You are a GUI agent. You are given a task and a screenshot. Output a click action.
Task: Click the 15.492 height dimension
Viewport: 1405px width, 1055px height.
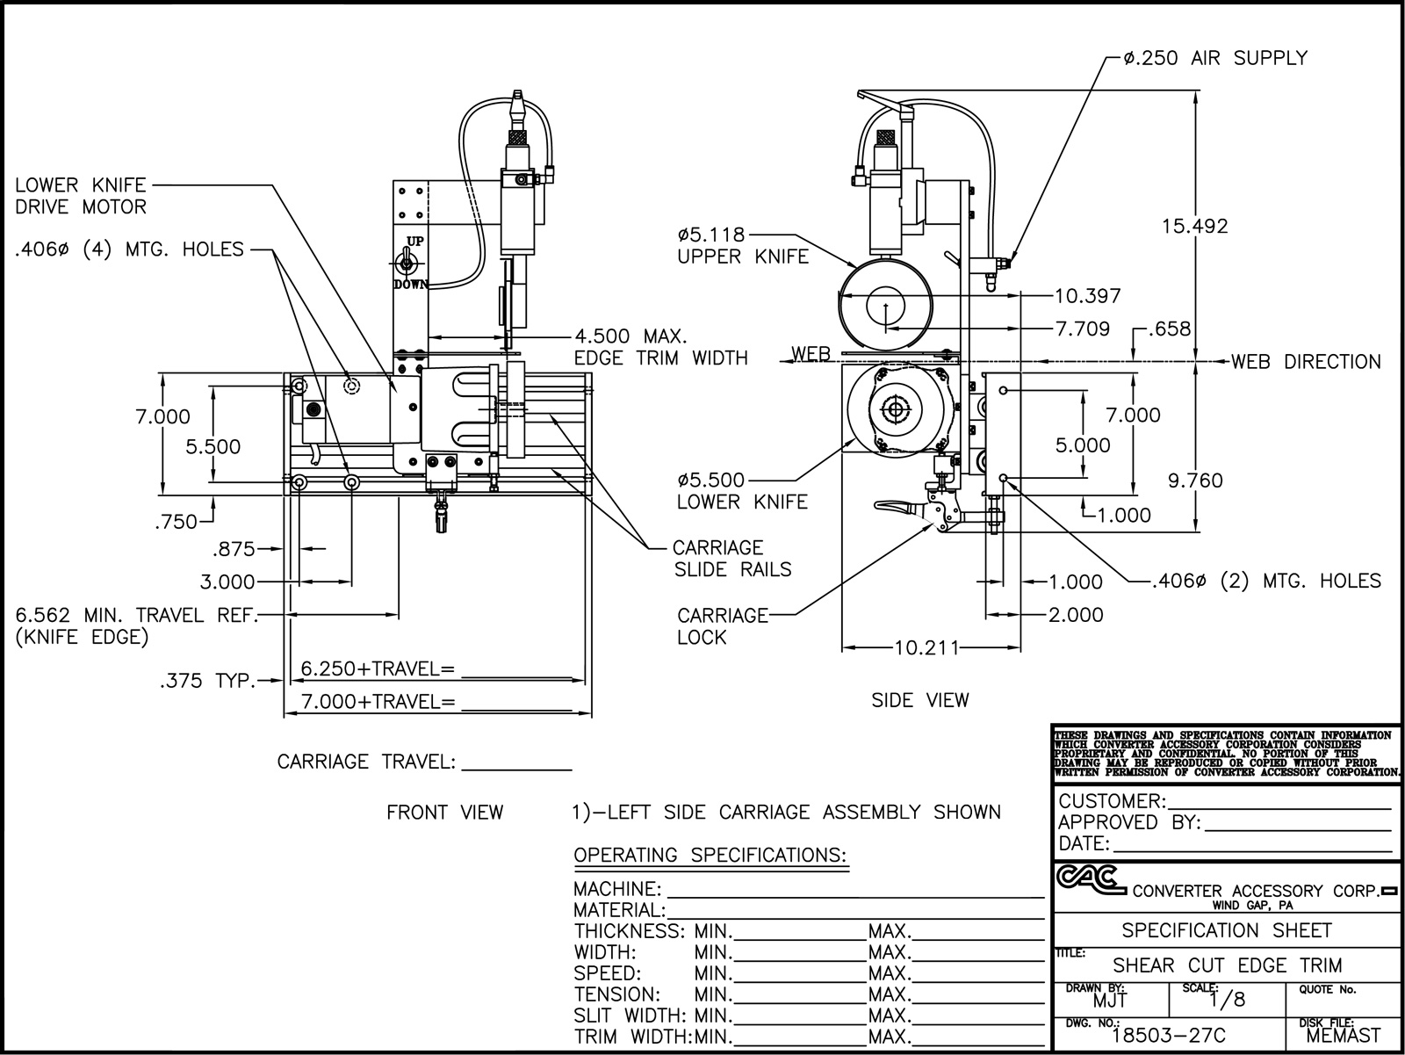pos(1194,226)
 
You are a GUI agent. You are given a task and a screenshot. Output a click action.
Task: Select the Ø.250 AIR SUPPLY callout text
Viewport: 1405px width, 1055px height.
pos(1214,58)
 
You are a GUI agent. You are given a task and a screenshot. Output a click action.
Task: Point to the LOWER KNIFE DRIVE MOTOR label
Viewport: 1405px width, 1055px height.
pos(80,196)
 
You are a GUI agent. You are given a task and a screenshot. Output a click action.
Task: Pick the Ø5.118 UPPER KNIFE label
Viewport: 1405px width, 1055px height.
pos(742,246)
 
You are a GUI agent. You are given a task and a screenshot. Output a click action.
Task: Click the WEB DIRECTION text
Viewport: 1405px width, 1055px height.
pos(1305,361)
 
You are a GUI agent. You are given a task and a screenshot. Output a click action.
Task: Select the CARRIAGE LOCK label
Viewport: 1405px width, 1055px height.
pos(722,626)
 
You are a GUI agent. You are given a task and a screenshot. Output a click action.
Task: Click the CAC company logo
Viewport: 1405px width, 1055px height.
pos(1089,878)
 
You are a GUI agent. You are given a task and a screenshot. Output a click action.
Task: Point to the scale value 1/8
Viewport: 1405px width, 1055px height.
pos(1227,1000)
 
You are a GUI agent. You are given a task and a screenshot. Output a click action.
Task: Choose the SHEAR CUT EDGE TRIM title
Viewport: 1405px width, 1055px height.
pos(1227,965)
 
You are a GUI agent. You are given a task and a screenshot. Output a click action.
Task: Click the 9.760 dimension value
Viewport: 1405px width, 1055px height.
pos(1194,481)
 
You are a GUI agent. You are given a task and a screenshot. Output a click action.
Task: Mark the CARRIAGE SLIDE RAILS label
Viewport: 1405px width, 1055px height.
pos(732,559)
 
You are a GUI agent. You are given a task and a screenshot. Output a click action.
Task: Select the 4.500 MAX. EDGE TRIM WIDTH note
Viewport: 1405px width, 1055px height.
pos(660,347)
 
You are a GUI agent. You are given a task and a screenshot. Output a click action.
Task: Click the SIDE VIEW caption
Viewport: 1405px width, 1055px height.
pos(919,700)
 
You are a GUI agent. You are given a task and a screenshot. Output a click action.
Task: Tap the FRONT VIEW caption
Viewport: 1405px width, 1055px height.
pos(444,813)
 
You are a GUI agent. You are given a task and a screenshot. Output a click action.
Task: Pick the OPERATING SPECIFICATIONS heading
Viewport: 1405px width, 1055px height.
pos(710,855)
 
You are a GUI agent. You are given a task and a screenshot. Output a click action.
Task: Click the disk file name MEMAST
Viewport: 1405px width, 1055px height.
pos(1343,1036)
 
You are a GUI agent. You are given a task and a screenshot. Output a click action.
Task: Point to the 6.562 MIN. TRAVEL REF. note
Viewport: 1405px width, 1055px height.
pos(136,625)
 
